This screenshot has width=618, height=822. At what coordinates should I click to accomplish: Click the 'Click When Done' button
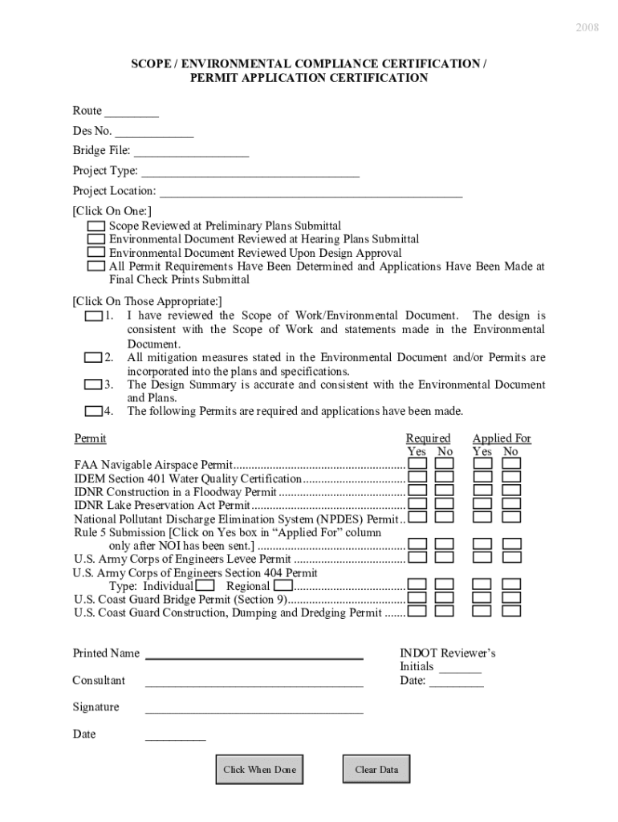[x=259, y=769]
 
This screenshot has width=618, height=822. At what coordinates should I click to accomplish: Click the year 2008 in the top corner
[x=587, y=27]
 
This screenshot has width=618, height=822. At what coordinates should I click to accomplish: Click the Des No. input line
[x=154, y=132]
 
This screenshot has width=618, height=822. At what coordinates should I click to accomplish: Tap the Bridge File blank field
[x=191, y=153]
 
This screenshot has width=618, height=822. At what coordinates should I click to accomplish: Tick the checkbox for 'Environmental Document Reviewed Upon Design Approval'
[x=96, y=253]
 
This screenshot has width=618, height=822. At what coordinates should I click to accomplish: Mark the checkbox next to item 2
[x=93, y=357]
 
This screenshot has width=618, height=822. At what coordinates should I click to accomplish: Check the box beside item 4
[x=93, y=412]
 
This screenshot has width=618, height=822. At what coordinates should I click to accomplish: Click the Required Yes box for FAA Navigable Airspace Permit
[x=417, y=464]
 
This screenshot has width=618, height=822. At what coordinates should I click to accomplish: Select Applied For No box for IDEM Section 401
[x=511, y=478]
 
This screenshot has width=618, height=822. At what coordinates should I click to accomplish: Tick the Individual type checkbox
[x=205, y=586]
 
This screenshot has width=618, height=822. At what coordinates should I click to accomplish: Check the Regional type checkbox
[x=283, y=586]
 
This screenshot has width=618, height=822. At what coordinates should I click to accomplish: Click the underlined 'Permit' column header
[x=90, y=438]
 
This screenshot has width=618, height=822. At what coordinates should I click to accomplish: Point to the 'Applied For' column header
[x=502, y=438]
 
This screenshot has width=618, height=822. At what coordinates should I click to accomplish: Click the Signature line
[x=254, y=709]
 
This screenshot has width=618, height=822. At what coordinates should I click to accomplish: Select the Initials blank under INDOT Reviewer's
[x=460, y=669]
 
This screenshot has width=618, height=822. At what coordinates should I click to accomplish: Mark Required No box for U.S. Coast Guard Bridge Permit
[x=445, y=598]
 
